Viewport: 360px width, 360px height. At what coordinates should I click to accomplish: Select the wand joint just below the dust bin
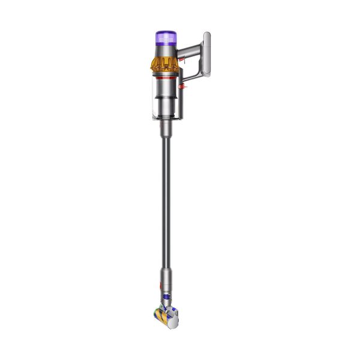pyautogui.click(x=163, y=127)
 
